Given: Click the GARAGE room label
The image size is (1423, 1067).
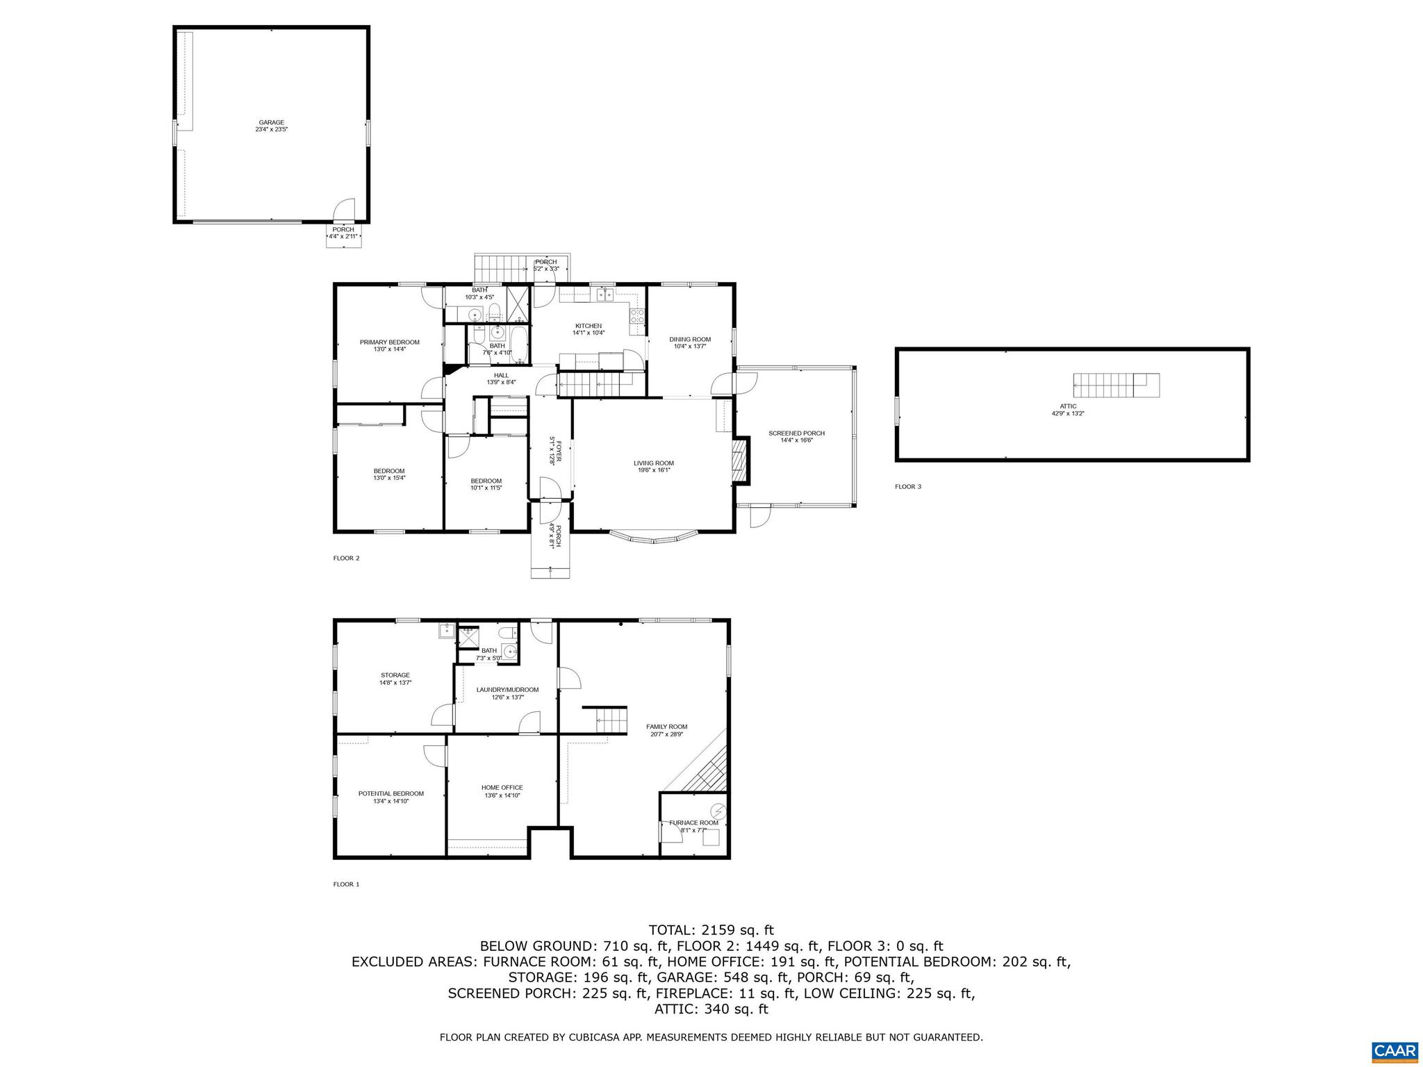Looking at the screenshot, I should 271,123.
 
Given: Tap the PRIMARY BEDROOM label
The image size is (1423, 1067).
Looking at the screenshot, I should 389,342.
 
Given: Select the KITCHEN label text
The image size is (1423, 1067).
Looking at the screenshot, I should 588,326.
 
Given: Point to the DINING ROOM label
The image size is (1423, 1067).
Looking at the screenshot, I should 690,340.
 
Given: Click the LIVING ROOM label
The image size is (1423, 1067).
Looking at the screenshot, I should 653,463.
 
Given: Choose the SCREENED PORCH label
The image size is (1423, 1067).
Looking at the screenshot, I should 796,433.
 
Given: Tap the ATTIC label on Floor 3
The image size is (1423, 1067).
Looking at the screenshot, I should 1068,406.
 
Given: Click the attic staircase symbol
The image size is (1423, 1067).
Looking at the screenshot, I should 1115,385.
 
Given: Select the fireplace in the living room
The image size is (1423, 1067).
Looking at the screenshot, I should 742,461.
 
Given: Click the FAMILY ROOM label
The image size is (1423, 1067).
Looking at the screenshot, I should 666,727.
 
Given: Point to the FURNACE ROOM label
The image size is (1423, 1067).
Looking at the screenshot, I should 693,822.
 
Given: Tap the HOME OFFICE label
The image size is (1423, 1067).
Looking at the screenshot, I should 502,788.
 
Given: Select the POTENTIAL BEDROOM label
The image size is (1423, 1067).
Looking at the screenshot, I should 390,793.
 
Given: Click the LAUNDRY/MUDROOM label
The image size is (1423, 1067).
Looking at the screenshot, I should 507,690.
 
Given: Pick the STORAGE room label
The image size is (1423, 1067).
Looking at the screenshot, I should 395,675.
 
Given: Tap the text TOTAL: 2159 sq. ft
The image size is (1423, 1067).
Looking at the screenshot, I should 711,930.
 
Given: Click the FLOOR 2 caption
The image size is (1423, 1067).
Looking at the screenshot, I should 346,558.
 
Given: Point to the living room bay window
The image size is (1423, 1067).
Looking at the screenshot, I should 654,538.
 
